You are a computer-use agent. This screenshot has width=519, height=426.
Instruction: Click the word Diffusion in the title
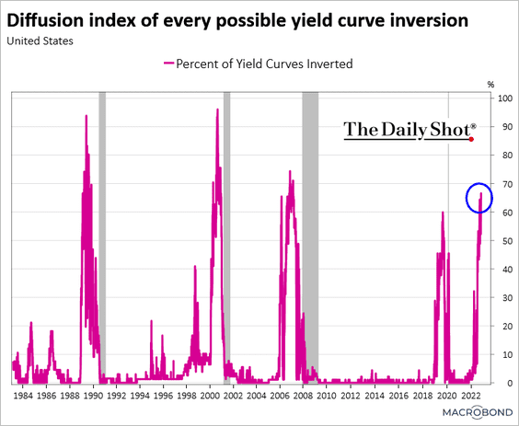click(x=45, y=20)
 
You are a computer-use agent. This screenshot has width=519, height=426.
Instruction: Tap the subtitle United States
click(x=40, y=41)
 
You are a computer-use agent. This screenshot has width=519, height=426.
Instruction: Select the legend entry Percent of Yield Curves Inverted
click(x=259, y=63)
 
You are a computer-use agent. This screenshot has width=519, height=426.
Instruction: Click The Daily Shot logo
click(x=410, y=131)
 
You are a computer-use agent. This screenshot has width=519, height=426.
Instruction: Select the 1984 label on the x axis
click(x=23, y=396)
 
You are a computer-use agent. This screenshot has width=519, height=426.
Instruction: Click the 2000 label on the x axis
click(x=210, y=396)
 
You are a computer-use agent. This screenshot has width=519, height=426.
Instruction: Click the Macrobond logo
click(x=478, y=412)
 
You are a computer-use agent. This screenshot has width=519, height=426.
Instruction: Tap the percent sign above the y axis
click(x=490, y=85)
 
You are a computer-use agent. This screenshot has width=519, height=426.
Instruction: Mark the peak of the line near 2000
click(x=217, y=109)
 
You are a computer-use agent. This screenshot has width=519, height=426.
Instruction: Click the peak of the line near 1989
click(x=86, y=115)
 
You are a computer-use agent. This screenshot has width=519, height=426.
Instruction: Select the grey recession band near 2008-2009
click(x=310, y=237)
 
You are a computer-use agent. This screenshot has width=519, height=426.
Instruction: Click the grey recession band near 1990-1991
click(x=102, y=237)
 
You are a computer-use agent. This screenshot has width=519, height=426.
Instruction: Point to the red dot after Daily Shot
click(x=471, y=139)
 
